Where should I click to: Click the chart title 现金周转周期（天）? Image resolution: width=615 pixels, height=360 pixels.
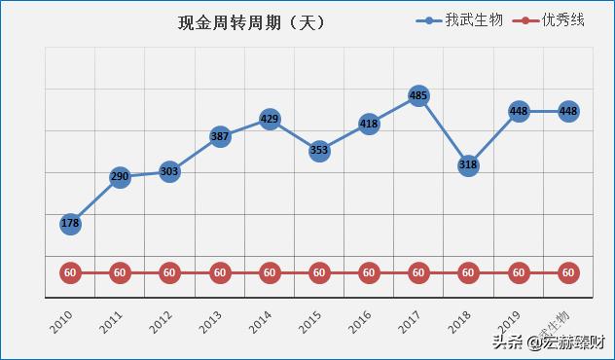(251, 22)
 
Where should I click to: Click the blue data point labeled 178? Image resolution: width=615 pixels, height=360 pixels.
(70, 224)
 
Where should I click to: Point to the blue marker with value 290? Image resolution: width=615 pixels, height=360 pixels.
(120, 178)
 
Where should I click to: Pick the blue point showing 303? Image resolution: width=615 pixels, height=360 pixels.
(169, 172)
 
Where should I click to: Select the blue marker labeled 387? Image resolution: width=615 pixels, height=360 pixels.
(220, 137)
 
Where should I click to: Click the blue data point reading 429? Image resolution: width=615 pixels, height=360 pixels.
(270, 119)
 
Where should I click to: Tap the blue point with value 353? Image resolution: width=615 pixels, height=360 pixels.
(319, 151)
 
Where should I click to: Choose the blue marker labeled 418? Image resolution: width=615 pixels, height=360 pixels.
(369, 124)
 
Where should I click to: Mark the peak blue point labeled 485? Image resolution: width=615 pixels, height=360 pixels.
(418, 95)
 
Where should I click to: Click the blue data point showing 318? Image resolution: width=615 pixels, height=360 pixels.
(468, 165)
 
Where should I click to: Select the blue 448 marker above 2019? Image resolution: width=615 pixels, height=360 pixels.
(519, 111)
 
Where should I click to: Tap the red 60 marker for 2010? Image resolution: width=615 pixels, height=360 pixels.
(70, 273)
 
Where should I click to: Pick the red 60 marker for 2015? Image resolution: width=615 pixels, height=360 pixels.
(319, 273)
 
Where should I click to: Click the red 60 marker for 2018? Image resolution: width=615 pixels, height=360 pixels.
(468, 273)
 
